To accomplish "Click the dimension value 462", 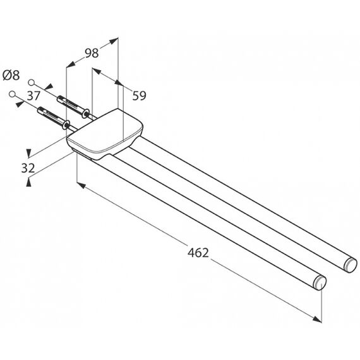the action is click(198, 253).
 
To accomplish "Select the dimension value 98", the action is click(92, 53).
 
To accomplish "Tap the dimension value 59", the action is click(139, 96).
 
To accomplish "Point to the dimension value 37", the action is click(33, 96).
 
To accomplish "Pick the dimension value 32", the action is click(28, 168).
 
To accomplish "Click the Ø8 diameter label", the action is click(11, 75).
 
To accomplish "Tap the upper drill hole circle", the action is click(31, 82).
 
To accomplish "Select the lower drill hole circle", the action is click(12, 94).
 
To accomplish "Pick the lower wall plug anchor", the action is click(54, 118).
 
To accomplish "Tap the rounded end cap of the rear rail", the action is click(351, 265).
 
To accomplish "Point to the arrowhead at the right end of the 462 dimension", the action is click(317, 319).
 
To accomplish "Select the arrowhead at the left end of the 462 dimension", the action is click(81, 185).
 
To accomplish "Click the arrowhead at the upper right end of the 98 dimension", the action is click(114, 41).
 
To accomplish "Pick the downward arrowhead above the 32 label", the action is click(28, 153).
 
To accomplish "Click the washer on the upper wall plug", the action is click(87, 114).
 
